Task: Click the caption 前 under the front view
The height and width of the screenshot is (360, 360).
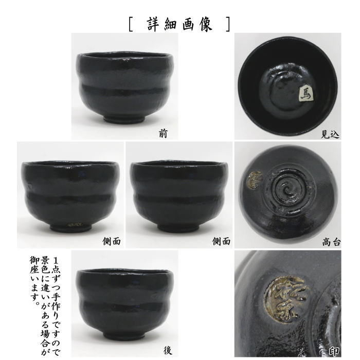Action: [163, 134]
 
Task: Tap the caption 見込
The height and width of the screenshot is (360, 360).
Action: [330, 135]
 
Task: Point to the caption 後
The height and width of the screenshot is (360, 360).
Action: [167, 351]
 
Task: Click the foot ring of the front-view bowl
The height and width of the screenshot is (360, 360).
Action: [125, 119]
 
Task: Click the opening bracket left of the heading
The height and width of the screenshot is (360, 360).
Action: [132, 25]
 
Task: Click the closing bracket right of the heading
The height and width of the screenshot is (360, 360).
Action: [227, 25]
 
